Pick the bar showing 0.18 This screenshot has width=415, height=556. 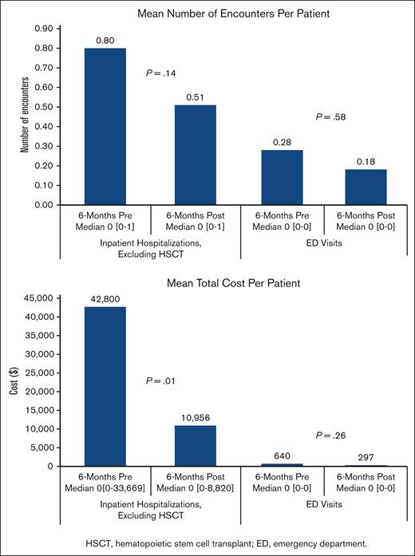tap(366, 187)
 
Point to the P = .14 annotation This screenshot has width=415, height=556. tap(160, 73)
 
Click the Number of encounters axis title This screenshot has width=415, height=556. tap(25, 115)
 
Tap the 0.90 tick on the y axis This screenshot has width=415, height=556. tap(43, 29)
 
